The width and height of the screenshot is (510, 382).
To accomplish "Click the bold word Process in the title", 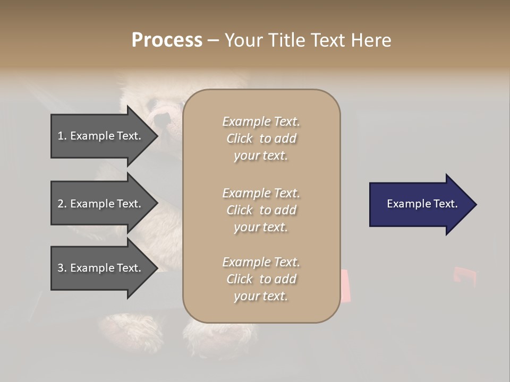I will point(167,40).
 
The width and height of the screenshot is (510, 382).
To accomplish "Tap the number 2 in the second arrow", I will point(61,204).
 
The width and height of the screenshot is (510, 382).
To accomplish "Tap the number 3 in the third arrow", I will point(61,268).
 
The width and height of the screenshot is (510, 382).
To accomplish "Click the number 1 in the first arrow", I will point(61,136).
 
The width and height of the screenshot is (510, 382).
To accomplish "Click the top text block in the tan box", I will point(261,138).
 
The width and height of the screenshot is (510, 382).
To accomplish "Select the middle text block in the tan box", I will point(261,210).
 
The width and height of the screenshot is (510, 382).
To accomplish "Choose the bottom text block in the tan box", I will point(261,279).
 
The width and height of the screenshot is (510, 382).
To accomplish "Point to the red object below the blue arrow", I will point(462,276).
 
